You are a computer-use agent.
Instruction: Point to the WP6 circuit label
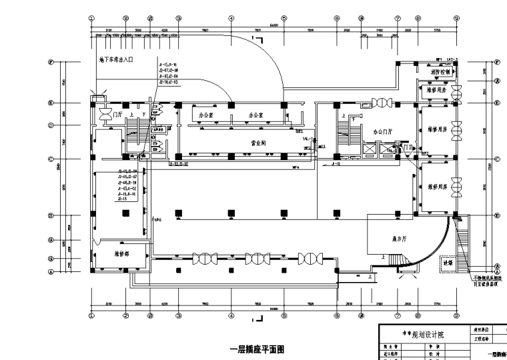(157, 219)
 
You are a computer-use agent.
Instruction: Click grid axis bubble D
(51, 125)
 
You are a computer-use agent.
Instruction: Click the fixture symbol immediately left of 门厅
(105, 115)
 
